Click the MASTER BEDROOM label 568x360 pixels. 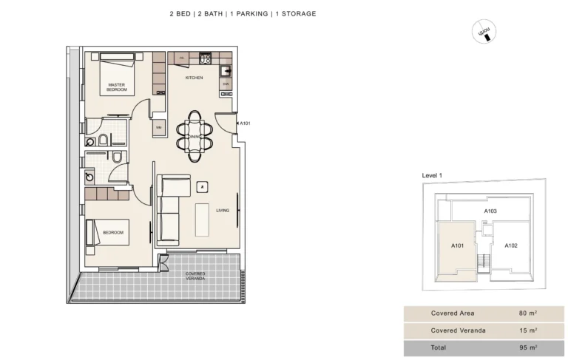tap(116, 86)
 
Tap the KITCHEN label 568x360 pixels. tap(194, 78)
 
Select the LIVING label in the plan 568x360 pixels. tap(223, 211)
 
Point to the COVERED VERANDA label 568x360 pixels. tap(195, 276)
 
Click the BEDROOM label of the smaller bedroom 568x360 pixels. tap(113, 232)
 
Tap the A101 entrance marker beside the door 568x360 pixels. tap(246, 123)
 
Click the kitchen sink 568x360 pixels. tap(227, 72)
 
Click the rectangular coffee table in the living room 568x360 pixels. tap(202, 220)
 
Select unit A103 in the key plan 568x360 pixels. tap(490, 211)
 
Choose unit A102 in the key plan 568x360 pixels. tap(510, 245)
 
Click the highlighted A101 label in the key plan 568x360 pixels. tap(457, 245)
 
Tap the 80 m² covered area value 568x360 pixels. tap(527, 313)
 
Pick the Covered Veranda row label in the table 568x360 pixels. tap(458, 330)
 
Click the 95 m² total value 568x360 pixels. tap(527, 347)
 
